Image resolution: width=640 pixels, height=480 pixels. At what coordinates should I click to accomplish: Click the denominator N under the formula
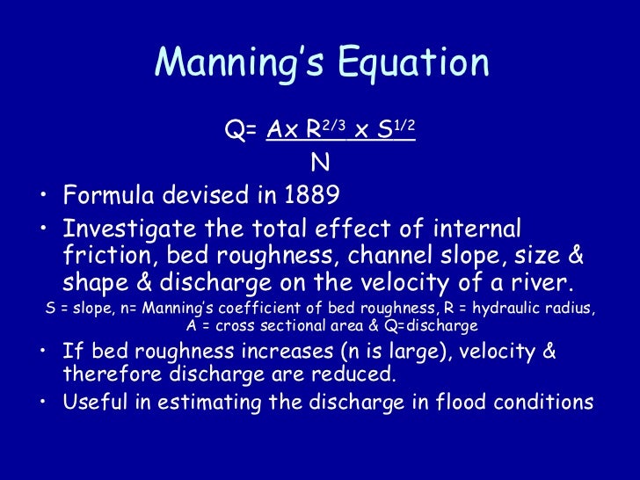click(x=320, y=163)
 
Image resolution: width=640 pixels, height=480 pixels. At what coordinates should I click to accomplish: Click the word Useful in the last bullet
click(x=96, y=403)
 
